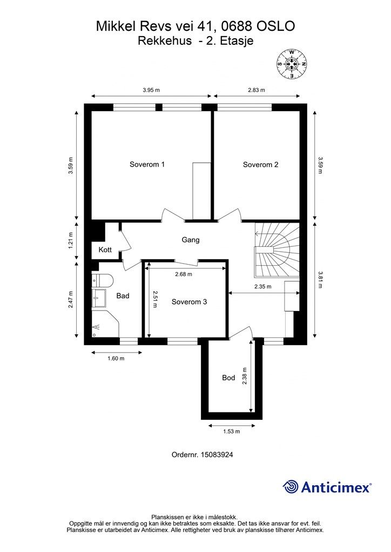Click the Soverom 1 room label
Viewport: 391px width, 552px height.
click(147, 164)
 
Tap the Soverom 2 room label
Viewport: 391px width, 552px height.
click(260, 164)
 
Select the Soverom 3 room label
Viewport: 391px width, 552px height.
click(190, 302)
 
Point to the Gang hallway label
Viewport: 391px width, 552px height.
click(191, 240)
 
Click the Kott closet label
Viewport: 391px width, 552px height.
click(105, 250)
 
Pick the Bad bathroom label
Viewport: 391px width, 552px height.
click(123, 296)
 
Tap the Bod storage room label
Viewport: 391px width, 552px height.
click(228, 378)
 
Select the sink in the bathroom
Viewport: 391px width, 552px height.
click(99, 298)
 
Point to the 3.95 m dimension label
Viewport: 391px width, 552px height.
click(151, 90)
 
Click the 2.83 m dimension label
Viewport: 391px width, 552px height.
click(257, 90)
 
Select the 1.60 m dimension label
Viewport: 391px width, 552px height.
click(116, 358)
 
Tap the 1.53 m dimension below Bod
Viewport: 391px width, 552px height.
click(232, 431)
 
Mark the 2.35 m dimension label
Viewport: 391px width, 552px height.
click(263, 287)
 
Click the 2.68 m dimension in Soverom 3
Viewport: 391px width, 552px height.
click(184, 274)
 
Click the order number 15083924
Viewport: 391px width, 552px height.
click(217, 454)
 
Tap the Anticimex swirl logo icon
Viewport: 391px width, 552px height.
click(290, 487)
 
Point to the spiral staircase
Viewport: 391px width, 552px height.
click(277, 250)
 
